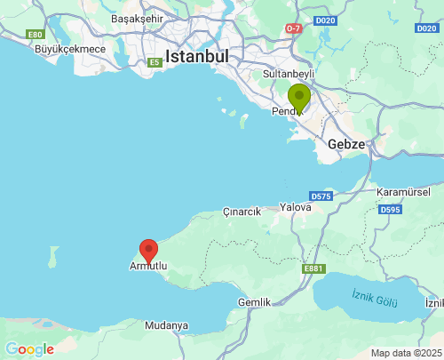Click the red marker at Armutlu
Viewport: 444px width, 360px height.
149,251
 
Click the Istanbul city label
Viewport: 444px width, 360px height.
197,56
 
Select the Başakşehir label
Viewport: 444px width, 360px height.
138,19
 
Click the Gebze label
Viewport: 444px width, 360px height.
345,144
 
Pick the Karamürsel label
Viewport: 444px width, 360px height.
403,193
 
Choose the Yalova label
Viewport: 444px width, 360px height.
296,207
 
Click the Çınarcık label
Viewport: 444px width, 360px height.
242,213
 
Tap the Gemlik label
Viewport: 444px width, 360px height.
254,302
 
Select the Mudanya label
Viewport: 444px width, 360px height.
166,325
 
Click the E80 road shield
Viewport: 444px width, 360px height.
36,35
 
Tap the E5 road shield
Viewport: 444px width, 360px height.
155,62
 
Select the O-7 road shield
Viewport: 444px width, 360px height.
293,28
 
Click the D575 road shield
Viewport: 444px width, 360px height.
321,196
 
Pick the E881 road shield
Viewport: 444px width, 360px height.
313,268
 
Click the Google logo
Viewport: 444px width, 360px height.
29,349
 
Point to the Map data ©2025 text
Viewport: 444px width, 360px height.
405,353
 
